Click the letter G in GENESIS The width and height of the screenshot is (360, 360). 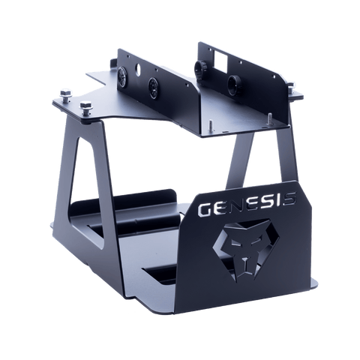coord(205,209)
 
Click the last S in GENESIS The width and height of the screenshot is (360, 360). coord(288,199)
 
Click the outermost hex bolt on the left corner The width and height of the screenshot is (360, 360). coord(66,94)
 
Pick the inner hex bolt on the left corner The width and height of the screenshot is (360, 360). coord(86,107)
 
